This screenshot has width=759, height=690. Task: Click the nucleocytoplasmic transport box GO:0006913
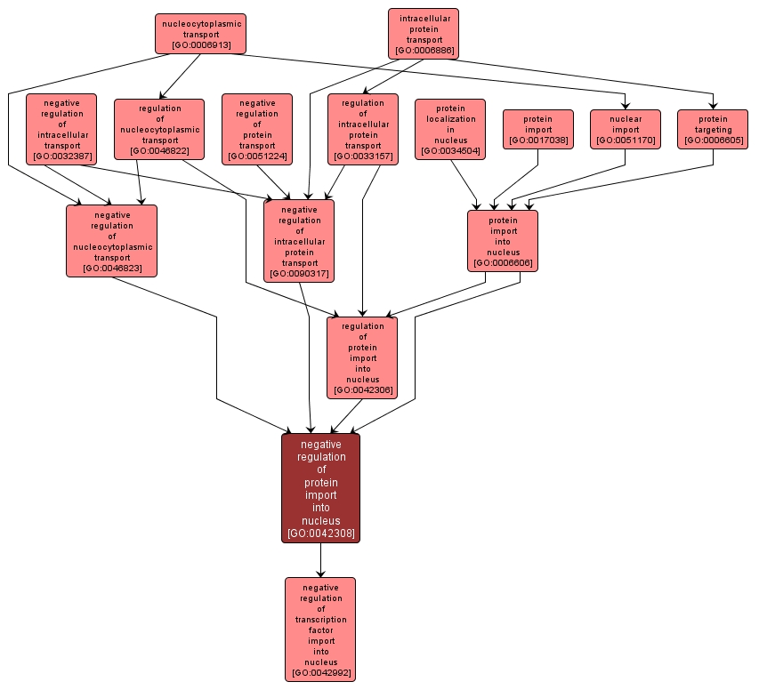coord(200,34)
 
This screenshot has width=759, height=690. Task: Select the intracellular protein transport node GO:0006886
coord(424,34)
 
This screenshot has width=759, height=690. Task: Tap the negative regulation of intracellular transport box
coord(61,129)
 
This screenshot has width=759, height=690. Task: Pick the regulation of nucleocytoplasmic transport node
coord(159,129)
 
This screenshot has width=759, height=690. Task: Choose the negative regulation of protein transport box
coord(257,129)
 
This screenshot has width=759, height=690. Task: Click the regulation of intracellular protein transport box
coord(362,129)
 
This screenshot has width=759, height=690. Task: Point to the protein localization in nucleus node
coord(450,129)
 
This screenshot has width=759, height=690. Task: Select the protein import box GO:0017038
coord(537,129)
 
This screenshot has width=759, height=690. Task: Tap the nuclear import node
coord(626,129)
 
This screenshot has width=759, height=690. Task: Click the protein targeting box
coord(713,129)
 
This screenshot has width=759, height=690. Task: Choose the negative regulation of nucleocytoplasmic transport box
coord(111,240)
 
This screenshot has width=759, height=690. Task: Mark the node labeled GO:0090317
coord(299,240)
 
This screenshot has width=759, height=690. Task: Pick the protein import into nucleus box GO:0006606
coord(503,240)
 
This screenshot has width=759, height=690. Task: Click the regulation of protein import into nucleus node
coord(362,357)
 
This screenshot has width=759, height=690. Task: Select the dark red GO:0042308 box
coord(321,488)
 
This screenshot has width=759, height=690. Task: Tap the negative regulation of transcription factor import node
coord(320,629)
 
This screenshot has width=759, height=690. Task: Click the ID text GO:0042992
coord(320,674)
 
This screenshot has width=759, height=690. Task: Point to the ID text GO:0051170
coord(626,140)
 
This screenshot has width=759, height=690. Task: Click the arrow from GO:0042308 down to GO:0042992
coord(321,560)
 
